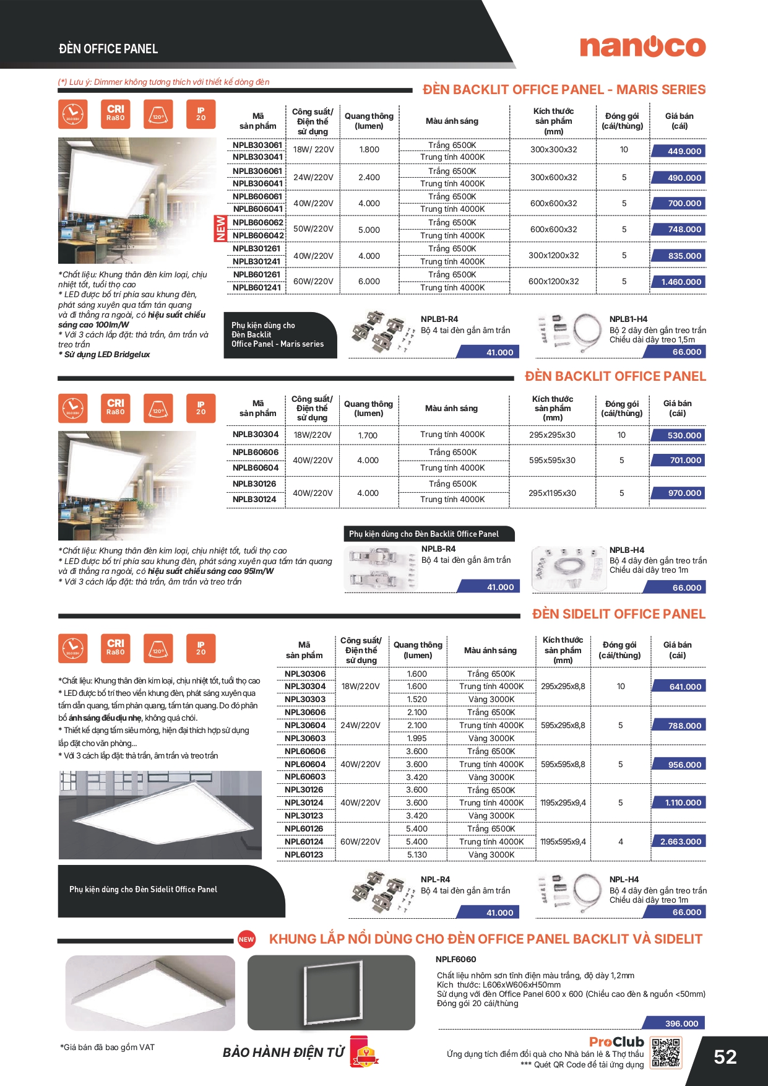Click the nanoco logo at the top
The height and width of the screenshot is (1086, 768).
[642, 47]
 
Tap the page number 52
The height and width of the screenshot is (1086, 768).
[725, 1057]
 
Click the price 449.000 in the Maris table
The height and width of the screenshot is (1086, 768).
[684, 151]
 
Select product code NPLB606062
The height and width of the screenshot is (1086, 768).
[258, 222]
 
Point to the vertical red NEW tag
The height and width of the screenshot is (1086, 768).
[220, 228]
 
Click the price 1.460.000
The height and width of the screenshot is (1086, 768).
[681, 282]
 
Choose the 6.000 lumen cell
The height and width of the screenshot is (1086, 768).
[369, 281]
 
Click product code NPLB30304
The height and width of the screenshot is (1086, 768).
[256, 435]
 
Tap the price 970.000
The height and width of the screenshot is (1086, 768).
[684, 493]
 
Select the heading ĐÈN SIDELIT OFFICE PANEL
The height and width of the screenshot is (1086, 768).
[618, 614]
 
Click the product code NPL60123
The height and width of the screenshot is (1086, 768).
[304, 854]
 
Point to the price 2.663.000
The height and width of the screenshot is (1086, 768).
[680, 841]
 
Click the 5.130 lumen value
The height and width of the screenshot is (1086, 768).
[416, 854]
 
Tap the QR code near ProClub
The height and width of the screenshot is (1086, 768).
[666, 1053]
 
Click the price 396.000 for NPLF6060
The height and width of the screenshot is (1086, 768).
[681, 1023]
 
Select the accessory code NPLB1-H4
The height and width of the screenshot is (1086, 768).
[628, 319]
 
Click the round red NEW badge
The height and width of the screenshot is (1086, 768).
[246, 939]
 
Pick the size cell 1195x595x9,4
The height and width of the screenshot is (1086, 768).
[563, 841]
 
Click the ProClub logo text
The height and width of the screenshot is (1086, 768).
[616, 1042]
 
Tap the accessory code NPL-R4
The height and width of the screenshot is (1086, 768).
[435, 879]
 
